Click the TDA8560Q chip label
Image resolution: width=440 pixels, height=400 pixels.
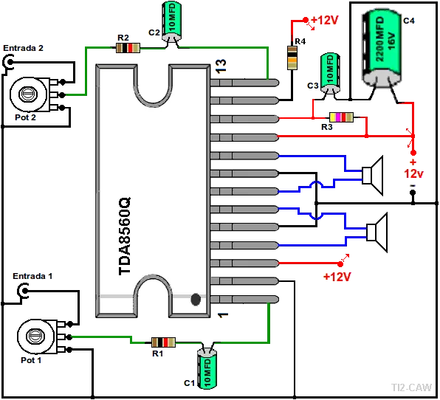coord(125,236)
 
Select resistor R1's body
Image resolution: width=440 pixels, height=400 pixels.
coord(163,342)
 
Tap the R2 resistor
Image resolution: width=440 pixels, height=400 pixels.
coord(128,48)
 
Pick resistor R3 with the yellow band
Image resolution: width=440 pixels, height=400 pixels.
coord(341,117)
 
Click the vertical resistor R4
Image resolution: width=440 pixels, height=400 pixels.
coord(292,58)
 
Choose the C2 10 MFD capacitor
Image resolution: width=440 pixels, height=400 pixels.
coord(172,22)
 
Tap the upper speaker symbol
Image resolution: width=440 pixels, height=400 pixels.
coord(372,176)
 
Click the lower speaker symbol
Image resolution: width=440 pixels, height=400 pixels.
coord(377,232)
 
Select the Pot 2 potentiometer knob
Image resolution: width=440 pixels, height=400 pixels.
coord(28,94)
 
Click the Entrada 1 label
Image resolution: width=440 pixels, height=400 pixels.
coord(32,276)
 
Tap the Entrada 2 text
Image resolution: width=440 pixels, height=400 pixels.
coord(24,48)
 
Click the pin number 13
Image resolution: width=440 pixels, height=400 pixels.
coord(221,66)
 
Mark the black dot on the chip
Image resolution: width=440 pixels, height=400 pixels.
coord(196,300)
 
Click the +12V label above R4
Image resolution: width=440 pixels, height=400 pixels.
coord(325,20)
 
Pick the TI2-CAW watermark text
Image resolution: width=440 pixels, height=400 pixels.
coord(411,387)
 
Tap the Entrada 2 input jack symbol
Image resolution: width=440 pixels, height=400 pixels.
coord(8,63)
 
